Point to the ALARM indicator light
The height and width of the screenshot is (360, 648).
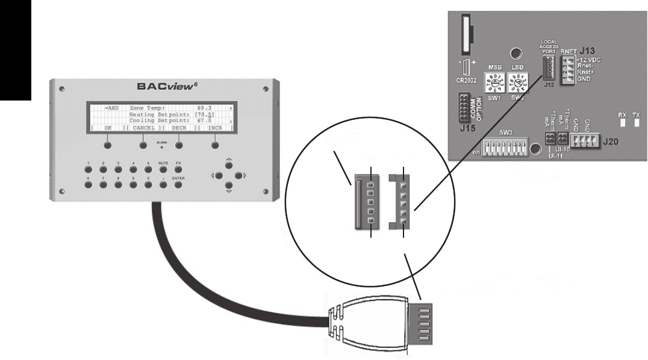[x=161, y=147]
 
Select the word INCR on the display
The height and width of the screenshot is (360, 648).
[x=214, y=128]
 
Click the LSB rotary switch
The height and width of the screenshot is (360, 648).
[x=516, y=82]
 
